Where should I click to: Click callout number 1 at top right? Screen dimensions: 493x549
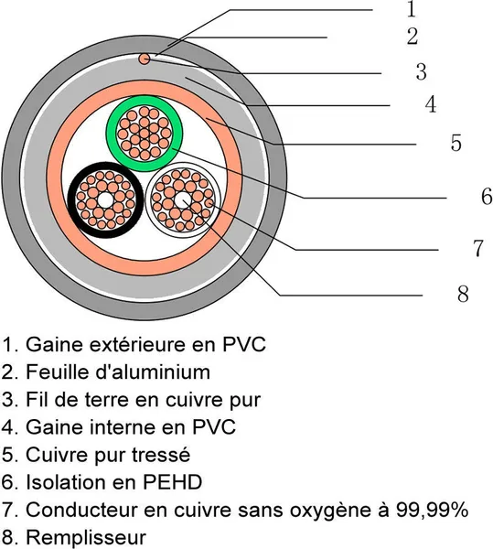[412, 9]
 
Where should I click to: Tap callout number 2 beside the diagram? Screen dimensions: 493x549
[413, 36]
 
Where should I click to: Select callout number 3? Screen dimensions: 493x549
[422, 71]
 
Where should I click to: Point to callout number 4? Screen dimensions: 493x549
[431, 104]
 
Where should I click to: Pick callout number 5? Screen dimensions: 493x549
[455, 143]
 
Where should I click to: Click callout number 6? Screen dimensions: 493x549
[487, 196]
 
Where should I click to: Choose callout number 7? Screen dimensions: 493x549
[478, 248]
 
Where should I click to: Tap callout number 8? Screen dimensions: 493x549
[463, 294]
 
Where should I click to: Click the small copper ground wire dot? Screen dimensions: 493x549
[145, 59]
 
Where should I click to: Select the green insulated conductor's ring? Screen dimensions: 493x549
[145, 99]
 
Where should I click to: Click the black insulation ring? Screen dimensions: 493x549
[105, 166]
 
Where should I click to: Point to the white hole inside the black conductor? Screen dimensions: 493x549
[105, 200]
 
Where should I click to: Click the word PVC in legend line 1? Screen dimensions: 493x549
[244, 345]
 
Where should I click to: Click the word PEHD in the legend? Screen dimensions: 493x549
[172, 482]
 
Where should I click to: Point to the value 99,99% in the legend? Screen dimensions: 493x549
[432, 510]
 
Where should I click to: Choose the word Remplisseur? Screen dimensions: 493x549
[86, 538]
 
